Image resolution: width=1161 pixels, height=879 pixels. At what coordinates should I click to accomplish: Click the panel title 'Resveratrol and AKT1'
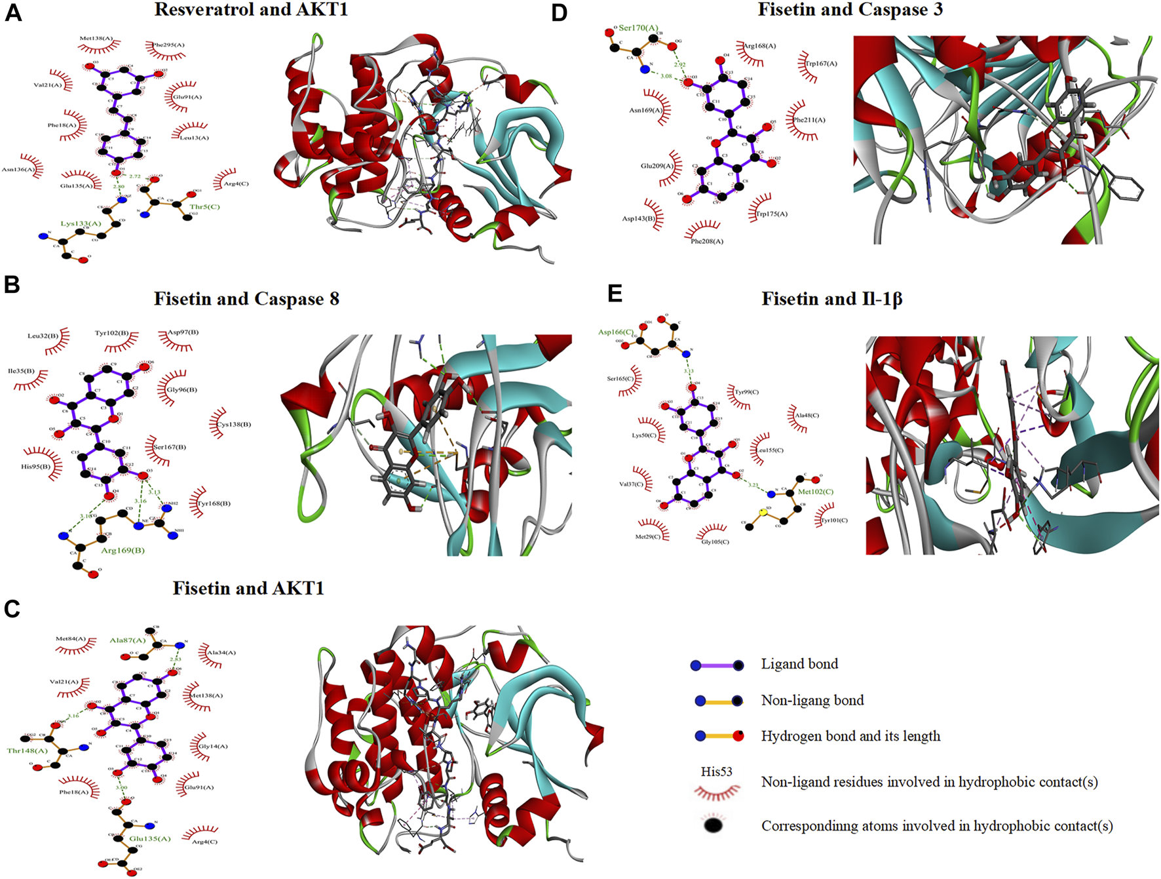pyautogui.click(x=251, y=10)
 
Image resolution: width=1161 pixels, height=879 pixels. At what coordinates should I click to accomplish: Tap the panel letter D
pyautogui.click(x=559, y=13)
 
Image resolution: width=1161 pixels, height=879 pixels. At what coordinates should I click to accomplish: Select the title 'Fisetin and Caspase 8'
pyautogui.click(x=246, y=299)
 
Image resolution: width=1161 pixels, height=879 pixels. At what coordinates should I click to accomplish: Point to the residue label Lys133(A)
pyautogui.click(x=81, y=224)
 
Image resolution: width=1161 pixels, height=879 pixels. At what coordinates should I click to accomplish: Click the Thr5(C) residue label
pyautogui.click(x=204, y=206)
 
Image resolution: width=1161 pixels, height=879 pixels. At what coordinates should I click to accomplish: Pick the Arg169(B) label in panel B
pyautogui.click(x=123, y=550)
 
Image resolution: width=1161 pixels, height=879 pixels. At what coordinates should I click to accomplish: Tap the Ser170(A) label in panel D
pyautogui.click(x=638, y=28)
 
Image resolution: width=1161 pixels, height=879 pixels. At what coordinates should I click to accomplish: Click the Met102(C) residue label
pyautogui.click(x=815, y=492)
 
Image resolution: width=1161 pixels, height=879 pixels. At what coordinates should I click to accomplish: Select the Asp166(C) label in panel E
pyautogui.click(x=615, y=332)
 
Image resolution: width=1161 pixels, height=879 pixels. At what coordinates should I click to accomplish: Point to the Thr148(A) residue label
pyautogui.click(x=28, y=751)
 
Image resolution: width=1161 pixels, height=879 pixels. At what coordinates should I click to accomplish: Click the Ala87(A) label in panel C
pyautogui.click(x=127, y=640)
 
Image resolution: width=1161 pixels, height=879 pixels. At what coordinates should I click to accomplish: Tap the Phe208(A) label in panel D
pyautogui.click(x=707, y=241)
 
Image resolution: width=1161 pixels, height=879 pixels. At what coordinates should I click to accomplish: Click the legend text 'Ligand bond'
pyautogui.click(x=799, y=664)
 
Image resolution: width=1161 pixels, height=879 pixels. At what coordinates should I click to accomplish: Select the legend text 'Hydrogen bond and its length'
pyautogui.click(x=850, y=736)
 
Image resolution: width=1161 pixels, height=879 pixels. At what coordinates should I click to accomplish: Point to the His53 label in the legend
pyautogui.click(x=716, y=772)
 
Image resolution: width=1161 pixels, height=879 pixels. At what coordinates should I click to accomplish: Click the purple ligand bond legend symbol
pyautogui.click(x=717, y=665)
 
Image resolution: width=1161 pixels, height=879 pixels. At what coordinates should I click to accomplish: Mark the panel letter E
pyautogui.click(x=615, y=293)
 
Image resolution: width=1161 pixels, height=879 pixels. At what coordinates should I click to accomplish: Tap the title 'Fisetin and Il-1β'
pyautogui.click(x=831, y=299)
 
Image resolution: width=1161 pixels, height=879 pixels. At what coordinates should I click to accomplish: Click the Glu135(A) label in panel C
pyautogui.click(x=149, y=838)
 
